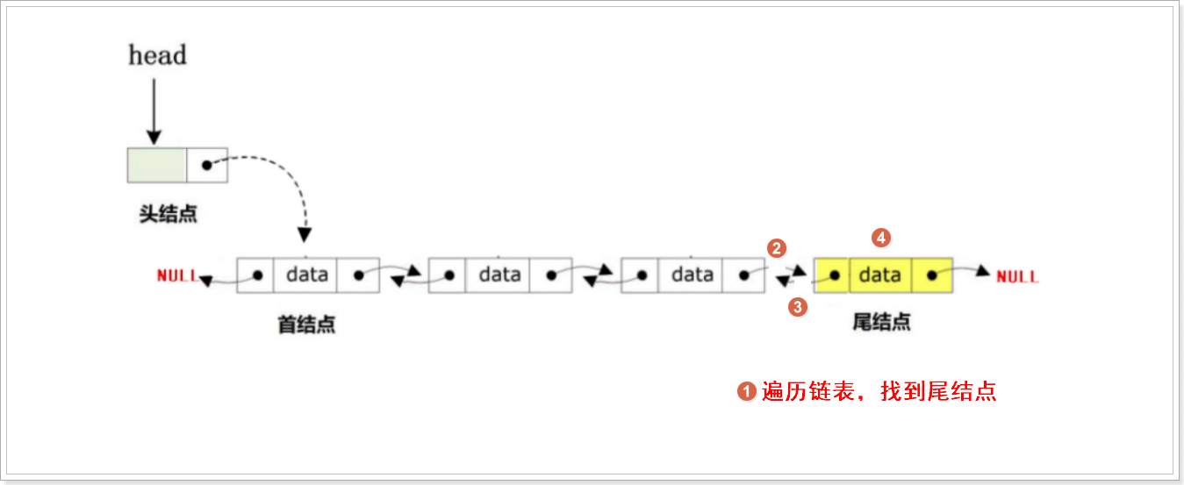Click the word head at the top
158,55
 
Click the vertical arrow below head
154,111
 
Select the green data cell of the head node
157,165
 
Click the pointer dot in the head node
206,165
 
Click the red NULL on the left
176,275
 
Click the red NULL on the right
1017,276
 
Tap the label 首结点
306,325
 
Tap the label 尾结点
881,322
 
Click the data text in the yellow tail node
880,275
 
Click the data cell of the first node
306,275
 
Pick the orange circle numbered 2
776,248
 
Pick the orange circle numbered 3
798,307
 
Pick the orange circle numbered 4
881,237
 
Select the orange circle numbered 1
747,391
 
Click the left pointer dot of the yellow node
835,275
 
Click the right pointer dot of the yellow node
931,275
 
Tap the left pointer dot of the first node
257,275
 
